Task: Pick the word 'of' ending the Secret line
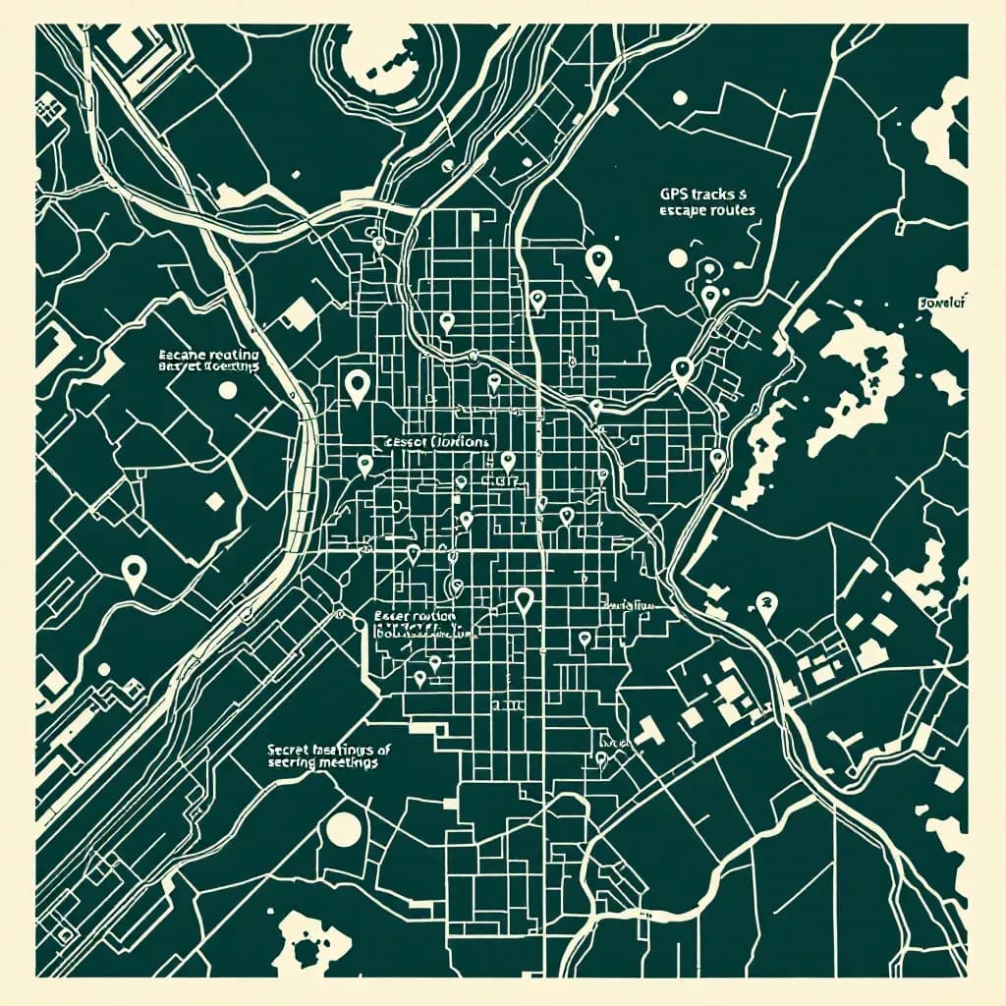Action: tap(383, 750)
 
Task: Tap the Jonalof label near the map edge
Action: tap(944, 303)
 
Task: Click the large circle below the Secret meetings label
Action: tap(344, 827)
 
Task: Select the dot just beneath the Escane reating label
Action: tap(228, 390)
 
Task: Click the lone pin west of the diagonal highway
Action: tap(134, 570)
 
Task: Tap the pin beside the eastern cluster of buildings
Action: tap(765, 604)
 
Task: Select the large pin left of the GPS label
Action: tap(597, 260)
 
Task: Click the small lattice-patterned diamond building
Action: tap(297, 312)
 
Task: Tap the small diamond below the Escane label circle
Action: tap(213, 501)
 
